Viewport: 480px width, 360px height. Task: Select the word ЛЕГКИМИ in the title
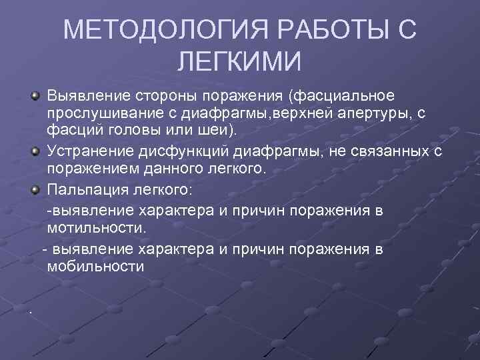(240, 63)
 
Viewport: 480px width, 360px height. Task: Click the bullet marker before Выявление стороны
(35, 98)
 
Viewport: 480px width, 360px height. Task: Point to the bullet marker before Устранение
(35, 153)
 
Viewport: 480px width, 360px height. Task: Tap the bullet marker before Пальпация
(35, 191)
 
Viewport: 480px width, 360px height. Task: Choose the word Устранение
(91, 153)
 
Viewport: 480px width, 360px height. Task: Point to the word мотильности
(96, 228)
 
